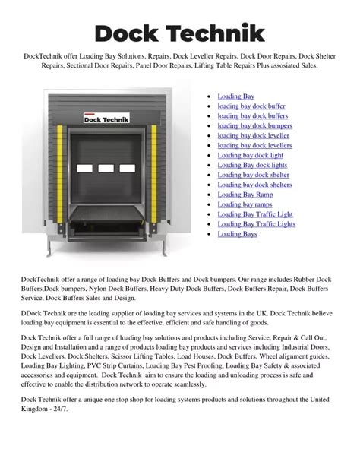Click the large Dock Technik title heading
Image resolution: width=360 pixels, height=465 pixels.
coord(180,33)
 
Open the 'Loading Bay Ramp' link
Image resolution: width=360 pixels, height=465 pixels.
coord(245,195)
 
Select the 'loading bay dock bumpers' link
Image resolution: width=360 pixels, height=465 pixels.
coord(254,126)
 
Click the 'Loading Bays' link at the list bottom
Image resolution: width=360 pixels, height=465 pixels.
coord(237,234)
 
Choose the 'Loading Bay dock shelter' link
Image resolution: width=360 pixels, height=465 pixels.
coord(253,175)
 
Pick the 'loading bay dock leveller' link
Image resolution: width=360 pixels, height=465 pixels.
coord(253,136)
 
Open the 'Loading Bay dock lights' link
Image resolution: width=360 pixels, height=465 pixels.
coord(252,165)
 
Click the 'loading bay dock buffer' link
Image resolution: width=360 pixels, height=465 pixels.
coord(251,106)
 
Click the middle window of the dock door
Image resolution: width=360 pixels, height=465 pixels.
coord(106,168)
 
